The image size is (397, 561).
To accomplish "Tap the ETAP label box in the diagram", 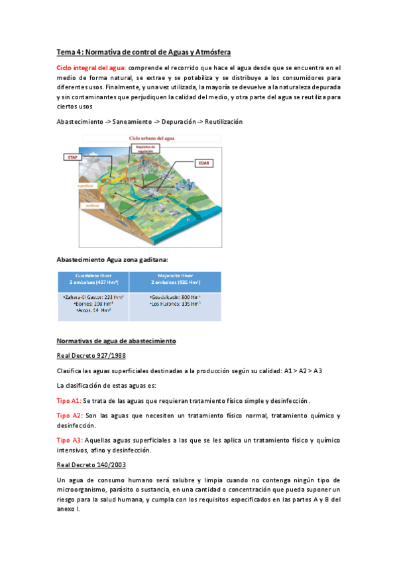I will pyautogui.click(x=71, y=157).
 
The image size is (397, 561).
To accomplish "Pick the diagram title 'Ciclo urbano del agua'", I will pyautogui.click(x=148, y=138).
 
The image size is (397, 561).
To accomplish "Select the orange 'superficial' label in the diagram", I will pyautogui.click(x=87, y=186).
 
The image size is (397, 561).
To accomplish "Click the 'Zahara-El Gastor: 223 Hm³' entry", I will pyautogui.click(x=93, y=297).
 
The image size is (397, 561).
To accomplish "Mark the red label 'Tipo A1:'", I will pyautogui.click(x=69, y=401).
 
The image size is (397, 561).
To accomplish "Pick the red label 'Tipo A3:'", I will pyautogui.click(x=69, y=439).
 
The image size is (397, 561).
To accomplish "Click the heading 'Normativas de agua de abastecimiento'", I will pyautogui.click(x=116, y=341).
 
